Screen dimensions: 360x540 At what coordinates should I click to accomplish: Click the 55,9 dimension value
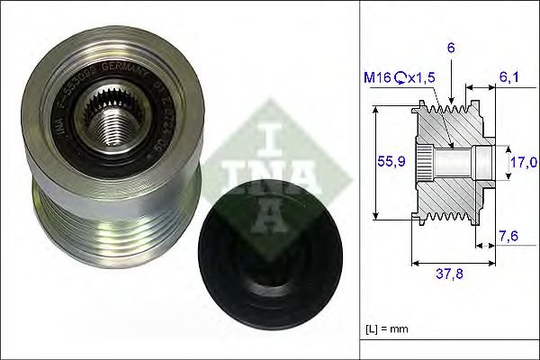389,161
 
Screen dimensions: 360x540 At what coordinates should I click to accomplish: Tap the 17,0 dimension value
524,161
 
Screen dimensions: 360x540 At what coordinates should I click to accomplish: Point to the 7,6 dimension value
508,236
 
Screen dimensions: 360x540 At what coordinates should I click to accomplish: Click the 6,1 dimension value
509,79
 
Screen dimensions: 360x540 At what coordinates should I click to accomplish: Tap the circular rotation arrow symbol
400,78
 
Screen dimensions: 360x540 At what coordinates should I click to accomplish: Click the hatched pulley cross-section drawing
450,162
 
